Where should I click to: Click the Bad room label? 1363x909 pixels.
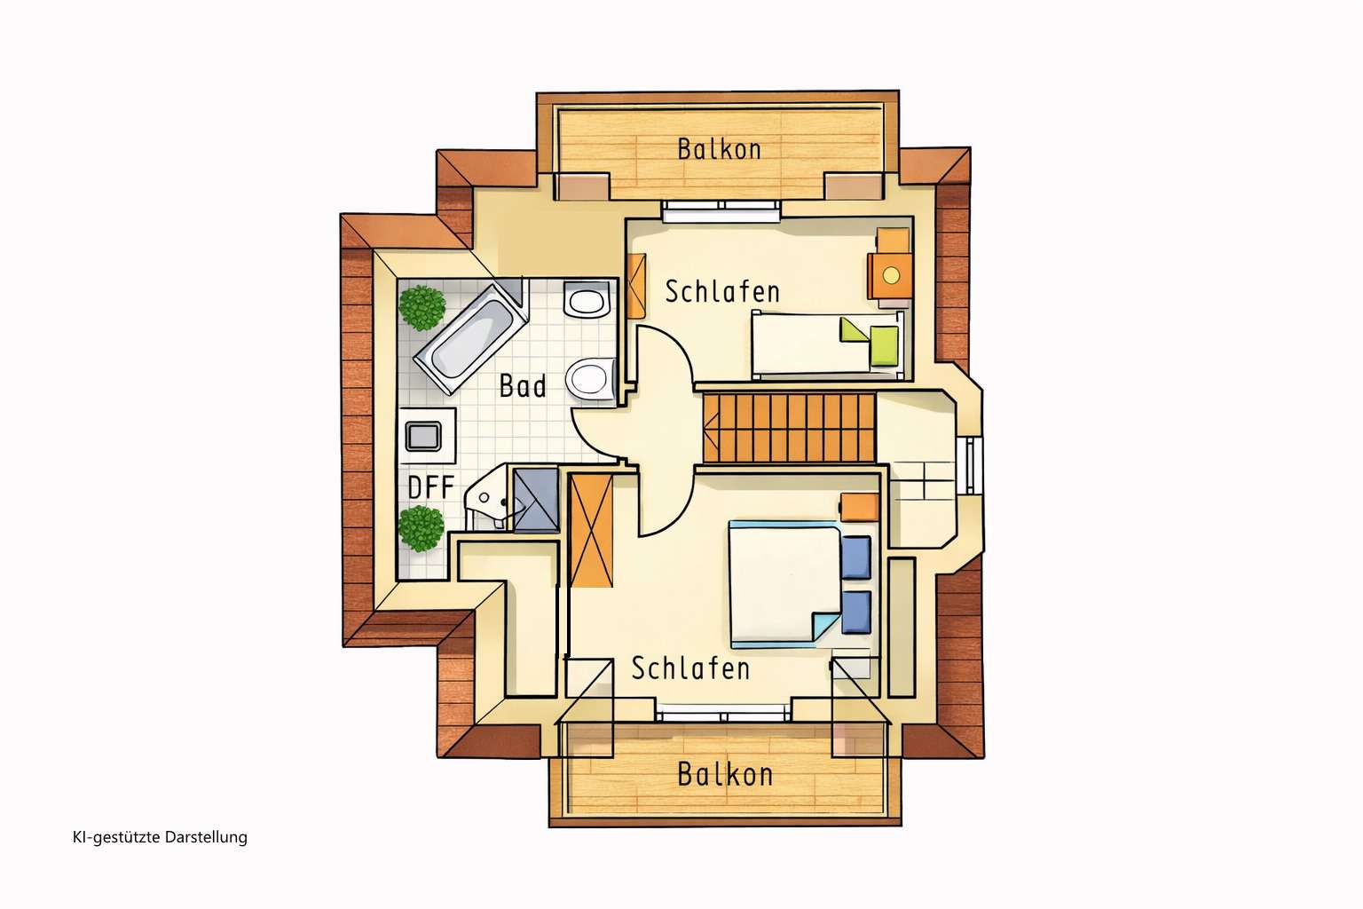(x=523, y=386)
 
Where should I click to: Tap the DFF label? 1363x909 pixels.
(x=430, y=487)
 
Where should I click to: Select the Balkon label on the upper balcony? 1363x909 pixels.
(x=720, y=150)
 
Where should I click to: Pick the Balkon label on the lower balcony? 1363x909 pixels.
(x=725, y=774)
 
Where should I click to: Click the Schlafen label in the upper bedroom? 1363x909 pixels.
(x=722, y=292)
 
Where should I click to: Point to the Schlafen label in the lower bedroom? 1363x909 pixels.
(x=690, y=668)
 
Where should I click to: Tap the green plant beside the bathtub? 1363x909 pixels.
(x=422, y=308)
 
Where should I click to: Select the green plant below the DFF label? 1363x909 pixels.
(x=422, y=528)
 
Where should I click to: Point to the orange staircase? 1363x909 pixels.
(x=789, y=428)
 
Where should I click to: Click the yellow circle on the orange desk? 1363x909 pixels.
(x=892, y=276)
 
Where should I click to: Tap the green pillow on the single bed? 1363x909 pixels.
(x=884, y=347)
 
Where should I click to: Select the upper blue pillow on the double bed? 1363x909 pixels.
(x=856, y=557)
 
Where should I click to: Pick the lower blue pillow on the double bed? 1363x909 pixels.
(x=856, y=612)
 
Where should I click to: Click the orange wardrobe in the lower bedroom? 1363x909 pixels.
(x=592, y=531)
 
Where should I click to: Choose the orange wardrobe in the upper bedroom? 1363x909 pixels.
(x=636, y=286)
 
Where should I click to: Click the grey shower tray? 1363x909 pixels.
(x=535, y=501)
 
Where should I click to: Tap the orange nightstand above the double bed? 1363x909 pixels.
(x=860, y=507)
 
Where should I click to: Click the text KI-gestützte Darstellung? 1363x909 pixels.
(x=160, y=838)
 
